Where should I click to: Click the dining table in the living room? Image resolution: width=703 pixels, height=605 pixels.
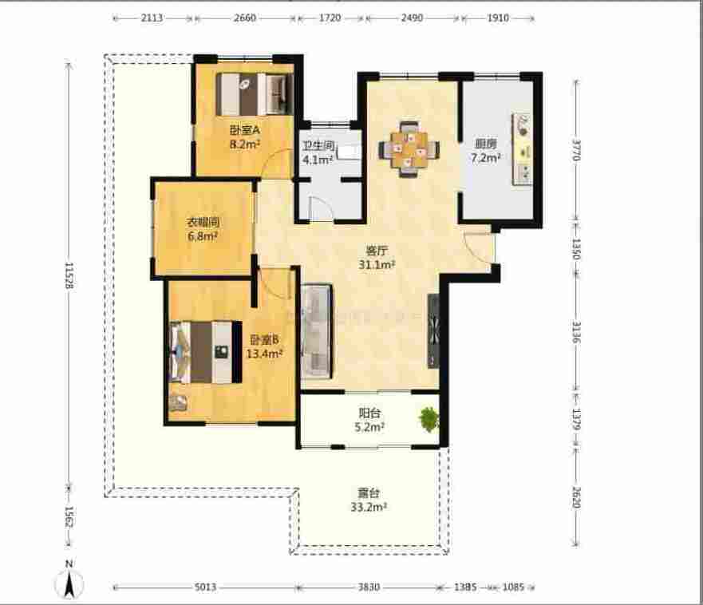coord(409,149)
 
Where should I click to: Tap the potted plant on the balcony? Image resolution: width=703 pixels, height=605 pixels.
coord(429,419)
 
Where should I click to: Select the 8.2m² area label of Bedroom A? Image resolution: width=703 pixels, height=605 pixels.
coord(245,144)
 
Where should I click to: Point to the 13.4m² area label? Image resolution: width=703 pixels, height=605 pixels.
coord(264,354)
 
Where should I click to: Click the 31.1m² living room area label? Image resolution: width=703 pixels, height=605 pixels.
coord(377,265)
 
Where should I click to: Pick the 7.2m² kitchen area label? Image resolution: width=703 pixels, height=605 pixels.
coord(485,158)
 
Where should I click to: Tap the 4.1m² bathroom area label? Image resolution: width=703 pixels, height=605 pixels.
coord(318,159)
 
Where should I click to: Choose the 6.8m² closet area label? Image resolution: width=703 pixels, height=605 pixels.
coord(203,236)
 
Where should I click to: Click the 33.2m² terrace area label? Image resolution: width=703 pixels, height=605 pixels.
coord(369,508)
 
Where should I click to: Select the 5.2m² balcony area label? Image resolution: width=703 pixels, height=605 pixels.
coord(369,427)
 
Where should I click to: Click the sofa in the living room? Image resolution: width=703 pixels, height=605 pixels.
coord(317,331)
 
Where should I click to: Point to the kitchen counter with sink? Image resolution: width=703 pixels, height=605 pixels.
coord(523,149)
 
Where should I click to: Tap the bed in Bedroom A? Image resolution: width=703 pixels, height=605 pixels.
coord(255,94)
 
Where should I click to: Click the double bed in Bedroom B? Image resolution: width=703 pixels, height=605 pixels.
coord(206,352)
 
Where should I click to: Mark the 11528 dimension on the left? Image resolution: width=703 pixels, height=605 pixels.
coord(69,275)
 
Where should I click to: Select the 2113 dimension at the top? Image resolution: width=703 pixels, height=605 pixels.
coord(152,18)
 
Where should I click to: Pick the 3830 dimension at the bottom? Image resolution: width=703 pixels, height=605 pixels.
coord(369,587)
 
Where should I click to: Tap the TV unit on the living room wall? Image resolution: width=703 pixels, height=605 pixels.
coord(433,331)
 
